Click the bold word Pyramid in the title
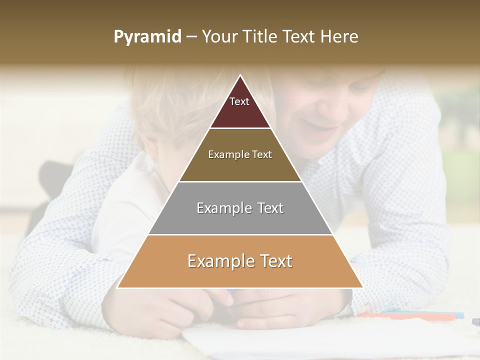[x=147, y=37]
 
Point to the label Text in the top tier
[x=239, y=101]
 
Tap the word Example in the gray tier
[x=218, y=208]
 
